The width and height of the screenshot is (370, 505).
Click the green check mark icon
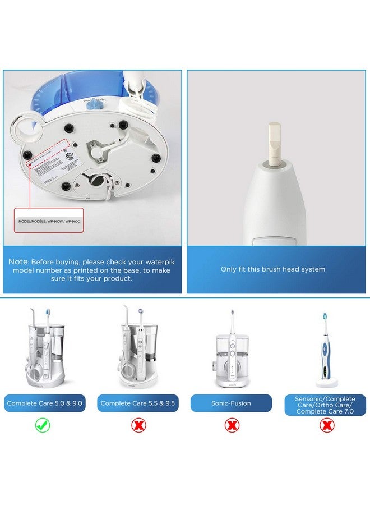[x=43, y=425]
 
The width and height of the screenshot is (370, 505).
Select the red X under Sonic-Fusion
[x=232, y=425]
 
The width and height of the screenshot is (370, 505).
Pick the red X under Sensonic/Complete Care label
[x=326, y=425]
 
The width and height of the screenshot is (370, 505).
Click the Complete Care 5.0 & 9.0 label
[x=45, y=403]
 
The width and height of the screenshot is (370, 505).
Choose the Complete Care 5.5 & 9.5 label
[x=138, y=403]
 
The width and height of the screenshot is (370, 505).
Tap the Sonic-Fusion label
[x=232, y=403]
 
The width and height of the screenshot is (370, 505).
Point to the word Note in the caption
[x=18, y=261]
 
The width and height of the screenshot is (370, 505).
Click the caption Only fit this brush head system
[x=272, y=269]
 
